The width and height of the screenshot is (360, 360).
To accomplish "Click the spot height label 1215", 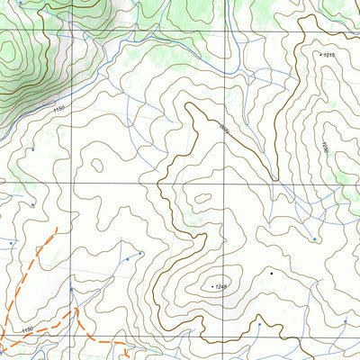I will [x=329, y=55].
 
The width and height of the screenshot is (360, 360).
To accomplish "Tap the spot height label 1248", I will [x=223, y=286].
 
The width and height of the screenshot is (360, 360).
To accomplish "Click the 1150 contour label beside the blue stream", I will [x=59, y=109].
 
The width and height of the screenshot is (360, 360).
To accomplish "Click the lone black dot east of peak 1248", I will [x=270, y=271].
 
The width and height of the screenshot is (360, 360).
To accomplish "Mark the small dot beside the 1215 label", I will [x=319, y=54].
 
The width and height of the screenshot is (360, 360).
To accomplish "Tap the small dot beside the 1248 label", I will [x=212, y=286].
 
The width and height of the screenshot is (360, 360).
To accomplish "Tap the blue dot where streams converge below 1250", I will [x=314, y=239].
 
